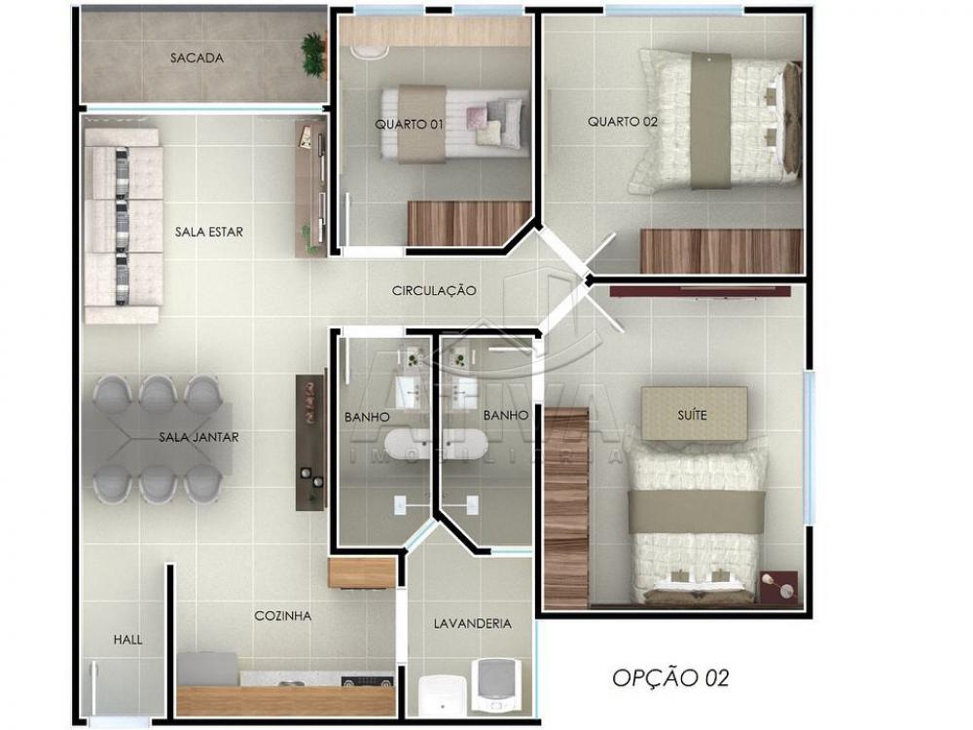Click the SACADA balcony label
[197, 57]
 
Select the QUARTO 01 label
[409, 125]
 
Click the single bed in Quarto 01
[454, 125]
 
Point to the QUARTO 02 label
[623, 122]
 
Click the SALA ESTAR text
[209, 233]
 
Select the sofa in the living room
[123, 226]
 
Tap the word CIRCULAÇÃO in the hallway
[434, 290]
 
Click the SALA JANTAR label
[198, 437]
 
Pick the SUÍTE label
[692, 415]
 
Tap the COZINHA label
[283, 616]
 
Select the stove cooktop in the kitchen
[368, 681]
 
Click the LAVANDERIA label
[473, 623]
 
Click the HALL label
[127, 639]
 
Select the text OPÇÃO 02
[670, 677]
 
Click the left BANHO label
[368, 418]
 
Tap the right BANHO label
[506, 416]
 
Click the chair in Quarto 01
[371, 53]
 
